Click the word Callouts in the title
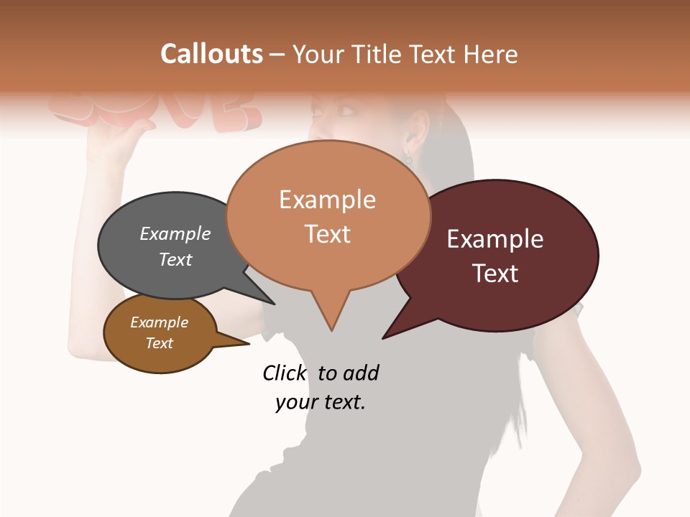[211, 54]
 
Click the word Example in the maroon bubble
[494, 239]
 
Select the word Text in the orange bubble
[328, 234]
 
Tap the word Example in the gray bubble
[175, 234]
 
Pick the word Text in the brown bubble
[160, 343]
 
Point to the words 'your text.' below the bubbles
[321, 402]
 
